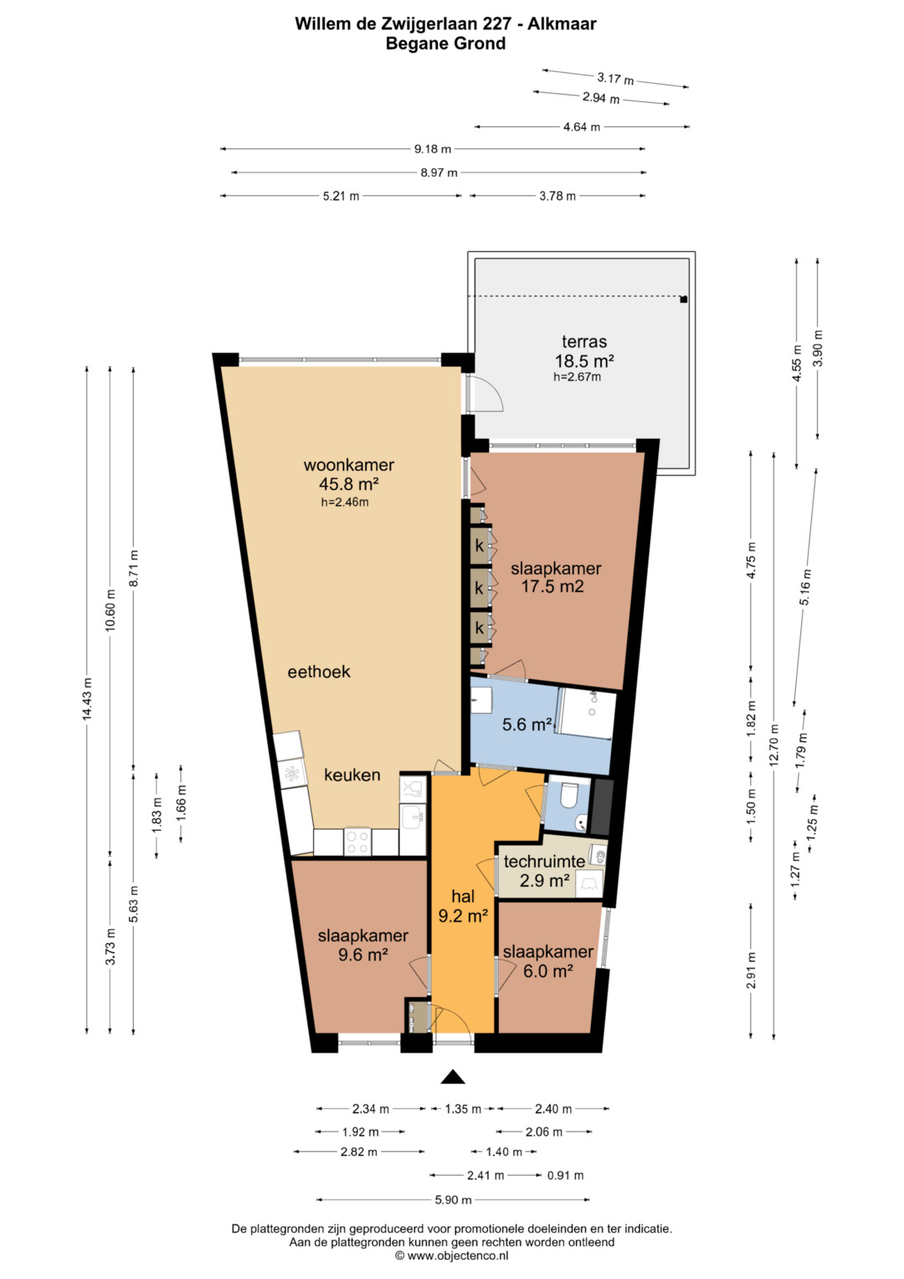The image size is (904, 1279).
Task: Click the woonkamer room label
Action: (349, 465)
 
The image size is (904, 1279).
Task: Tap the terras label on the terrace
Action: (584, 342)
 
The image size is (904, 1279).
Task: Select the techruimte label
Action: (544, 861)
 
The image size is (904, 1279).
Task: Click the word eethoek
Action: (319, 672)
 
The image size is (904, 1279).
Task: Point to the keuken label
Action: (352, 775)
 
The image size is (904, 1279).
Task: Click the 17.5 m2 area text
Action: (552, 586)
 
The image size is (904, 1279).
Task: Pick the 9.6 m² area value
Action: (363, 954)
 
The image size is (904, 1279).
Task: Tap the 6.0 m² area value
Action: (548, 970)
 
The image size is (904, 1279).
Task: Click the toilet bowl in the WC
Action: (568, 796)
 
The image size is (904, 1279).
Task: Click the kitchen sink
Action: (412, 817)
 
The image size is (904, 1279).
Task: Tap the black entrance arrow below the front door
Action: (453, 1076)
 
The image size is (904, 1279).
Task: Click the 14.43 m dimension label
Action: (87, 699)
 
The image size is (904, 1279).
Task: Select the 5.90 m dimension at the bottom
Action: (453, 1199)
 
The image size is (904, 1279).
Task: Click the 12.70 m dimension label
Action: (774, 745)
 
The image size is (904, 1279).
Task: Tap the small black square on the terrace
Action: (684, 299)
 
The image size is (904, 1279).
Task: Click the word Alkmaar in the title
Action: (562, 24)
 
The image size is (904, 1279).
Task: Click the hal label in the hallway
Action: (463, 896)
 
